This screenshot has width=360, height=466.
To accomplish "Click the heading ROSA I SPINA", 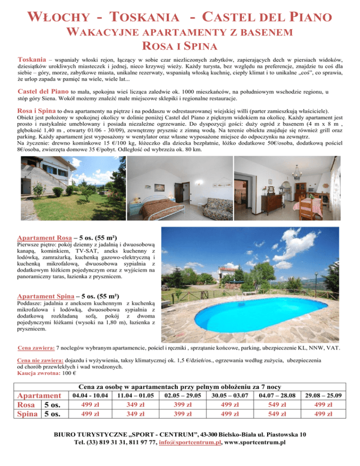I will [x=180, y=47].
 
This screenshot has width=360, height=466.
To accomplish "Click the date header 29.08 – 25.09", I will [x=327, y=396].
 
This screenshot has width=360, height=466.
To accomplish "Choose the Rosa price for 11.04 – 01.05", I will [x=135, y=406].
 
